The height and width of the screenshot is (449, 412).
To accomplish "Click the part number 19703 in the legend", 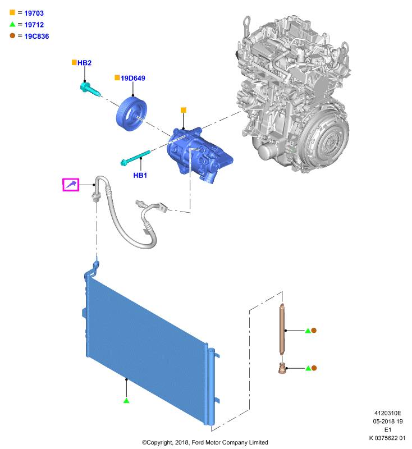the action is click(x=34, y=13).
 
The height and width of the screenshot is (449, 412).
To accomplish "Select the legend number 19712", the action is click(x=34, y=25).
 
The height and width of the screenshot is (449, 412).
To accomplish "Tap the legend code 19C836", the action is click(x=36, y=36).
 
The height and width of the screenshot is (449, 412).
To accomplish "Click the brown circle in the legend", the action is click(x=12, y=36).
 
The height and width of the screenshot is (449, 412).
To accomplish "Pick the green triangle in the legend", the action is click(x=12, y=24).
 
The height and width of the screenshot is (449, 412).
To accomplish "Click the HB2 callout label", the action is click(x=84, y=63).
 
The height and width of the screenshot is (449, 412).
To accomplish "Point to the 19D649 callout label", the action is click(x=133, y=78).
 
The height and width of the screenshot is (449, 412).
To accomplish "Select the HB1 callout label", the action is click(x=140, y=175).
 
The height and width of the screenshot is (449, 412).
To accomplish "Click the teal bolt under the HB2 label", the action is click(x=90, y=89).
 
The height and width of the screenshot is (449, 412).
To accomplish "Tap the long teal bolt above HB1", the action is click(x=135, y=158).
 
